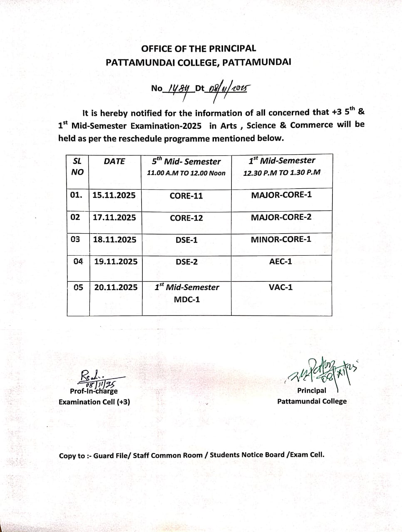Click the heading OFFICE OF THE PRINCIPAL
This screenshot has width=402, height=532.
199,49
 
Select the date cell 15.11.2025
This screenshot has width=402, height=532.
114,195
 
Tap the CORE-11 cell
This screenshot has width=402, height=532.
186,196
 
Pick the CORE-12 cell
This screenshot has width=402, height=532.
186,218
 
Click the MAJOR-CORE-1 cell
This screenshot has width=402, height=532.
281,195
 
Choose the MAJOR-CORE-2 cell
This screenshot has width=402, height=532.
281,217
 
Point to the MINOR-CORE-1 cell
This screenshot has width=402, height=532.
281,239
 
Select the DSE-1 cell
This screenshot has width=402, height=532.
186,240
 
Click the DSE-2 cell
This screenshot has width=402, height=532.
186,262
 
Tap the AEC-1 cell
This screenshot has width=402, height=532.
281,261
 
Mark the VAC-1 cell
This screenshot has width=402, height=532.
281,287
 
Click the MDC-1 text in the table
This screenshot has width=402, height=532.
187,299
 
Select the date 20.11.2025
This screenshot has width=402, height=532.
116,287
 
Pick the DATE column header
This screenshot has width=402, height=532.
114,161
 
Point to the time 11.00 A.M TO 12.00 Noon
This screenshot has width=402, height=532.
186,173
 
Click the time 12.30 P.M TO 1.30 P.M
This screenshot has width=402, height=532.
282,172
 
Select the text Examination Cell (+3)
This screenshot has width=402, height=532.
94,402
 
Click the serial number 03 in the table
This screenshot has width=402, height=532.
75,239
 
